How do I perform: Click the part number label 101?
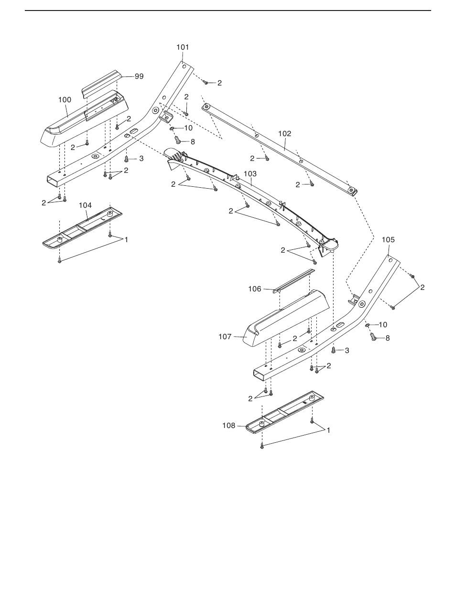click(183, 47)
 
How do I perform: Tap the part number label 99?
click(139, 76)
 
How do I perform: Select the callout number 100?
click(65, 100)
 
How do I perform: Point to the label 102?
click(285, 134)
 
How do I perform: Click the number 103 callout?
click(250, 173)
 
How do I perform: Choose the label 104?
click(85, 205)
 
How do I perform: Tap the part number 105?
click(389, 239)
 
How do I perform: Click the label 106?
click(255, 289)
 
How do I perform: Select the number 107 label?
click(225, 337)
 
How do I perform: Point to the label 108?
click(229, 425)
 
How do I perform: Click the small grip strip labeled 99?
click(102, 83)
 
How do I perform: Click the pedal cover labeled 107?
click(287, 318)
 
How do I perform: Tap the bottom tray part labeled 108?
click(284, 412)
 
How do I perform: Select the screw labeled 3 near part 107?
click(334, 350)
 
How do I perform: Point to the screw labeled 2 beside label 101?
click(205, 83)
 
